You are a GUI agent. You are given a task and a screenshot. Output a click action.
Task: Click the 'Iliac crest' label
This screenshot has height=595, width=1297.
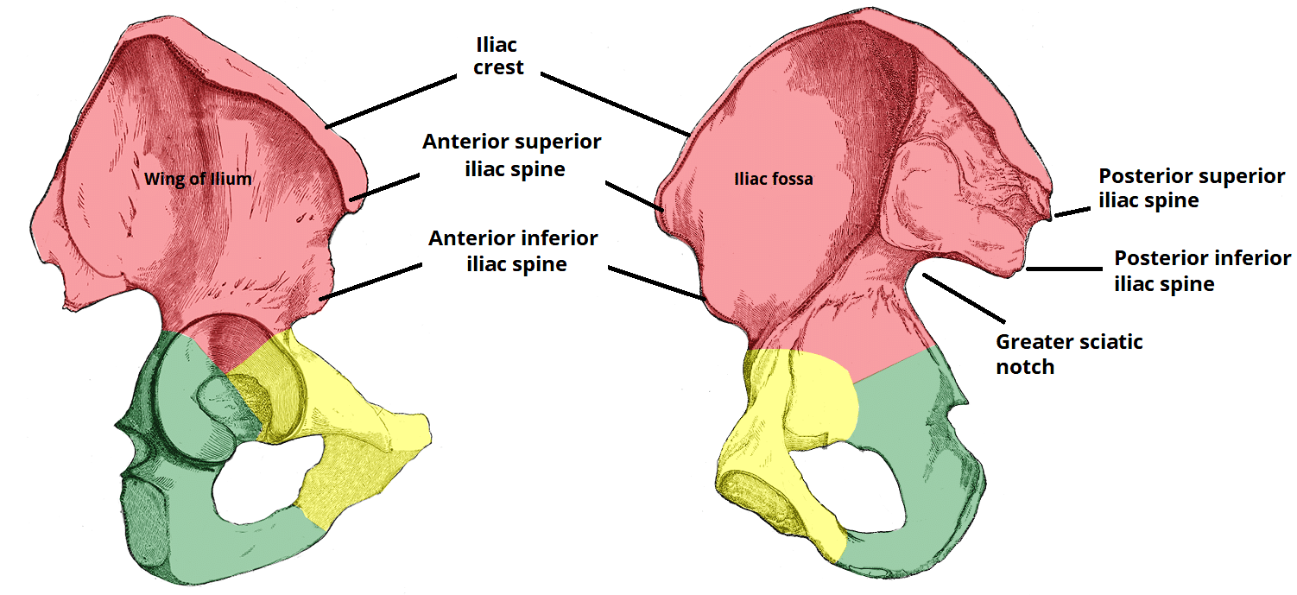(x=498, y=54)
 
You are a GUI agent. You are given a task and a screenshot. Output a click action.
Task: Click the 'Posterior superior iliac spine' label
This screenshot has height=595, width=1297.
(x=1192, y=187)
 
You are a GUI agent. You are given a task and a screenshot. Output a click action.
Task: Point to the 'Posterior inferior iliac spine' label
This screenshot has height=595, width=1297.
(x=1203, y=270)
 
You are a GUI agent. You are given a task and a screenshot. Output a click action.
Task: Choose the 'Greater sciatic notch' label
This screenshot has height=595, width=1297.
(x=1069, y=353)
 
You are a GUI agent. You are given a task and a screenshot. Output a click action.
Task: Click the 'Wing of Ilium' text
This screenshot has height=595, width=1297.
(x=199, y=180)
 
